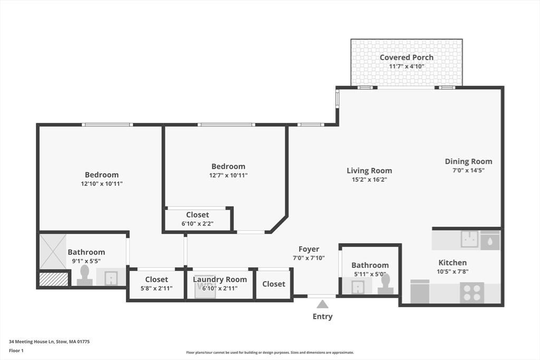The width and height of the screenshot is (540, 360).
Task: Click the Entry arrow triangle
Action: [322, 304]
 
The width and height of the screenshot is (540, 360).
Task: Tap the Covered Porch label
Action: [407, 57]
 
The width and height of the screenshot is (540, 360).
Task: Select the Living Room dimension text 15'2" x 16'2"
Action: [369, 180]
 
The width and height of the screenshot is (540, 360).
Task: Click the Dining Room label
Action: [468, 161]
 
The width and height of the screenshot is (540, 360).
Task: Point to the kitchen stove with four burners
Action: [472, 293]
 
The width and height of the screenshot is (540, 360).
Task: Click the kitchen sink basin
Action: [469, 239]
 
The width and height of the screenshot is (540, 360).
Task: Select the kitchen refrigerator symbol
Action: [420, 292]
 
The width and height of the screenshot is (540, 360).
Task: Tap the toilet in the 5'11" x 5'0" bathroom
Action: [385, 284]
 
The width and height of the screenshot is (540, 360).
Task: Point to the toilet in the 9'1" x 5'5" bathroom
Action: [84, 275]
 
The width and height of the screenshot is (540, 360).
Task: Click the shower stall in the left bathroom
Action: [53, 251]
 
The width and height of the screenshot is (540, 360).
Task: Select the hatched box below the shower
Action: [54, 279]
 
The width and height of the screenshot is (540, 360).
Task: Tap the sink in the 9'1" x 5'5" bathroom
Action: [111, 277]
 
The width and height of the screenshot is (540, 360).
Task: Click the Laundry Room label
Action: [219, 279]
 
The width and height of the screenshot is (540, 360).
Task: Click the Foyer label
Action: [308, 249]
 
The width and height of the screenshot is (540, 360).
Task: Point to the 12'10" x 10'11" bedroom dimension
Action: [102, 184]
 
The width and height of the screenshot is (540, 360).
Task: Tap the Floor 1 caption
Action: [16, 350]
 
